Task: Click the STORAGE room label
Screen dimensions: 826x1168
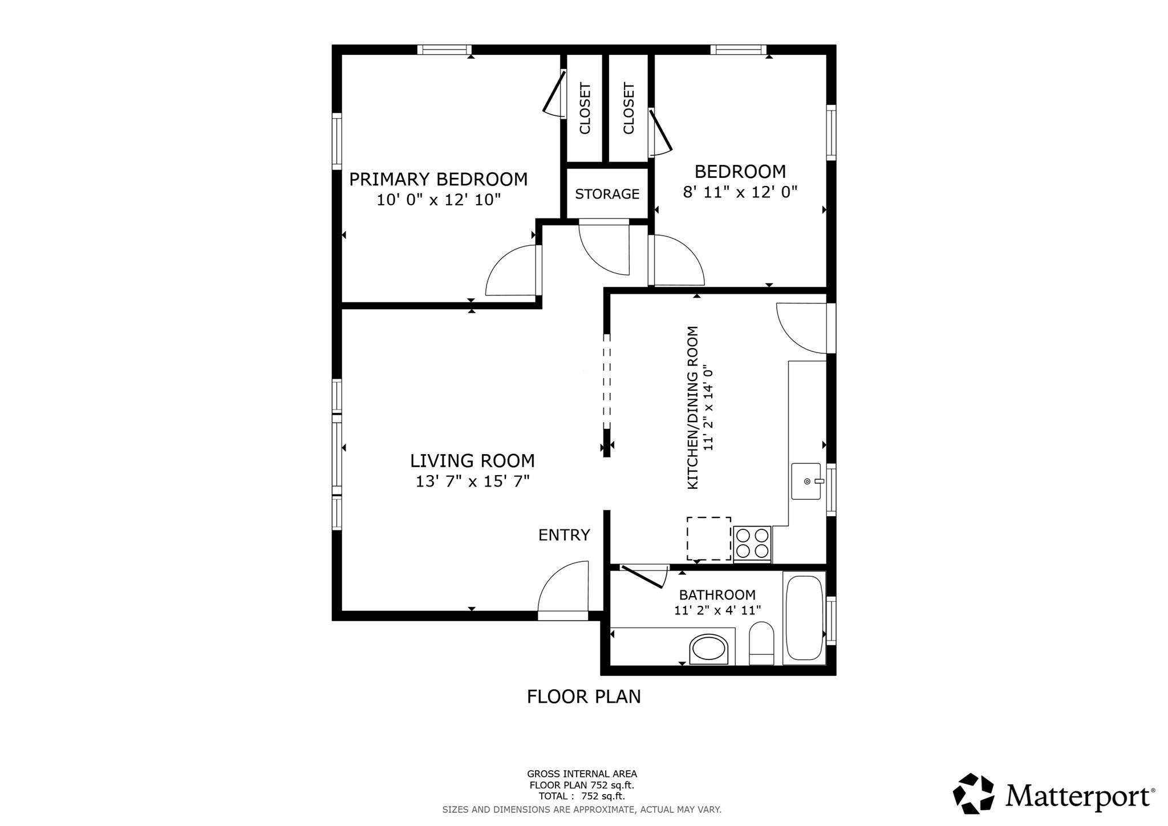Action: (607, 194)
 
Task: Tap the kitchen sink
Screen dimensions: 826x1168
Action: (806, 481)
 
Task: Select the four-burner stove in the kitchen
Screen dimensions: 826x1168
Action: (752, 544)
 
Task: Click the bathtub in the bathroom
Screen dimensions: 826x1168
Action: (804, 618)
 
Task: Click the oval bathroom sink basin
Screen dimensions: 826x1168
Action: (709, 649)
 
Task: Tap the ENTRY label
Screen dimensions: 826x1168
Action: (564, 535)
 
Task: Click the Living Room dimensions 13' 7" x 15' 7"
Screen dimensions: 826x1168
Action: (472, 481)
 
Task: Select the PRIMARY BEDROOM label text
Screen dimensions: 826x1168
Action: (438, 179)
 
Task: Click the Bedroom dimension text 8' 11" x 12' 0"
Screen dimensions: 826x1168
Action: (740, 192)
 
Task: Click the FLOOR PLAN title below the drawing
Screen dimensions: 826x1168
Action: (583, 697)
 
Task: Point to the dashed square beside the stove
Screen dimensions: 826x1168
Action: (708, 538)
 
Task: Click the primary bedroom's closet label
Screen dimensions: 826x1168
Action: (585, 108)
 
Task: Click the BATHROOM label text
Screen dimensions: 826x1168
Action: (717, 595)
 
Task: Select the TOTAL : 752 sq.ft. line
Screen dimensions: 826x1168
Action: (581, 796)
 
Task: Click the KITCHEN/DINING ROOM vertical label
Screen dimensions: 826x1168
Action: (693, 407)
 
